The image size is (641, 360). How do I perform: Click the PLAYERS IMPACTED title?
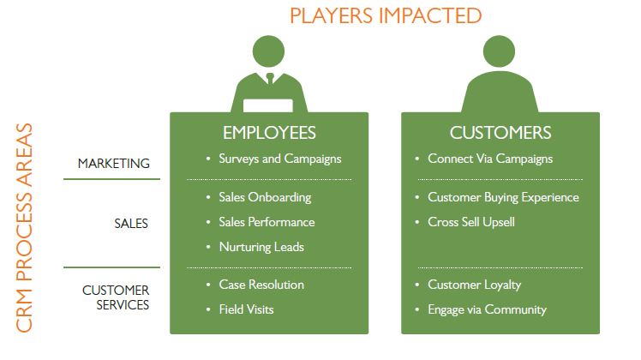pyautogui.click(x=384, y=15)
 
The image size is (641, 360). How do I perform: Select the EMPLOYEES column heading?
pyautogui.click(x=269, y=133)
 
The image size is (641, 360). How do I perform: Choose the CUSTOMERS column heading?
pyautogui.click(x=500, y=133)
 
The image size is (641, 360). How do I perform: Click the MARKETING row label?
pyautogui.click(x=113, y=163)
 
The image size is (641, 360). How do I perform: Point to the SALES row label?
pyautogui.click(x=130, y=224)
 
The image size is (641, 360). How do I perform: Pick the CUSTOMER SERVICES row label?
pyautogui.click(x=116, y=297)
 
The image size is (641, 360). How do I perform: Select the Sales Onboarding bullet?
pyautogui.click(x=264, y=197)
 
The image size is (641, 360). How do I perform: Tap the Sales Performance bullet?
pyautogui.click(x=266, y=222)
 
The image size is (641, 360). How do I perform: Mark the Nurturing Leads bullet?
pyautogui.click(x=261, y=247)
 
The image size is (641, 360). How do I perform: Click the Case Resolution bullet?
pyautogui.click(x=261, y=285)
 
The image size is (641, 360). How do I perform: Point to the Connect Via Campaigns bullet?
pyautogui.click(x=489, y=159)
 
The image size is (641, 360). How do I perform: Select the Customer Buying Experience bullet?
pyautogui.click(x=503, y=197)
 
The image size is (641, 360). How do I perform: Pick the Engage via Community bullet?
pyautogui.click(x=486, y=309)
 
